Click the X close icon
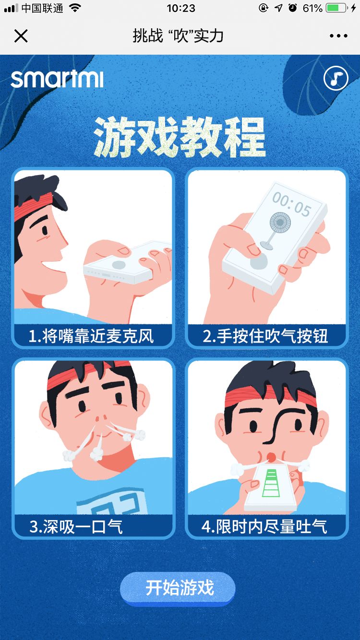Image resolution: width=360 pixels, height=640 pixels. coord(21,36)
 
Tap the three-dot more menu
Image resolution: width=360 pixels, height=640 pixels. coord(338,36)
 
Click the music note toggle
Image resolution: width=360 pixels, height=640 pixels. coord(336,78)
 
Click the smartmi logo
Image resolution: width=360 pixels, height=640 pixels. coord(57,79)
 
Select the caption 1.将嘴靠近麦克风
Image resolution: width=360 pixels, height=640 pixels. coord(91,336)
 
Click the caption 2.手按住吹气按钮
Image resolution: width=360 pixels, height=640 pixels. coord(265,336)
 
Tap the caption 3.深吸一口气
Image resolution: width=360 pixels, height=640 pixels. coord(76,526)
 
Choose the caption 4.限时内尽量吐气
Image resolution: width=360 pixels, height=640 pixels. coord(264,526)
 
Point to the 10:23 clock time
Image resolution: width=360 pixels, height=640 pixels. coord(181,8)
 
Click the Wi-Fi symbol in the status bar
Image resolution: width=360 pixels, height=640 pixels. coord(75,8)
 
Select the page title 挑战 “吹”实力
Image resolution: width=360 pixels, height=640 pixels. coord(178,36)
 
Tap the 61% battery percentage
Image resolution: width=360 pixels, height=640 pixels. coord(312,8)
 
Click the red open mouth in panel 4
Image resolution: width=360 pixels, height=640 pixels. coord(271,454)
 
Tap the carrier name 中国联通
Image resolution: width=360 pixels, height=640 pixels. coord(42,8)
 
